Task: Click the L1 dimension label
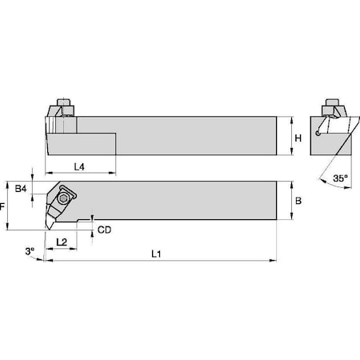(158, 254)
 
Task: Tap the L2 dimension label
(61, 241)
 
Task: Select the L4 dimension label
(80, 166)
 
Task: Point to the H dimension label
(298, 139)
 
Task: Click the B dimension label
(298, 202)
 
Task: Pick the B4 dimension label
(22, 189)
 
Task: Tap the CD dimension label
(104, 230)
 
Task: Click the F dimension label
(4, 206)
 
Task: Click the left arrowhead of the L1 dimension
(48, 260)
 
